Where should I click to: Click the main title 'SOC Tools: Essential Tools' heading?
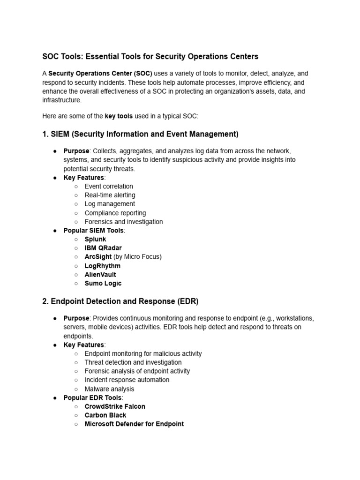pyautogui.click(x=150, y=56)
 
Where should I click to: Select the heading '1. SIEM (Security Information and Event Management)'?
pyautogui.click(x=140, y=134)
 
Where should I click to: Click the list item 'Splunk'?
pyautogui.click(x=95, y=239)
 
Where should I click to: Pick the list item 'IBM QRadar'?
pyautogui.click(x=103, y=248)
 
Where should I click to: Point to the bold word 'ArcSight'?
pyautogui.click(x=98, y=257)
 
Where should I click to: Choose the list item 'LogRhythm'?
pyautogui.click(x=102, y=266)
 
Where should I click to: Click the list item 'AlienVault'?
pyautogui.click(x=100, y=275)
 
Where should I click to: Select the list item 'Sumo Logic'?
pyautogui.click(x=103, y=284)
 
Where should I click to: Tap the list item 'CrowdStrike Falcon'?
pyautogui.click(x=115, y=406)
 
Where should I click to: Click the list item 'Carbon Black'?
pyautogui.click(x=105, y=415)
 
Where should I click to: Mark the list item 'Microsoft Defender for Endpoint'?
pyautogui.click(x=134, y=424)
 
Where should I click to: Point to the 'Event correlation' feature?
pyautogui.click(x=109, y=186)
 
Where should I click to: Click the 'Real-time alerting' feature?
pyautogui.click(x=110, y=195)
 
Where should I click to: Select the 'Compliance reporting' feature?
pyautogui.click(x=115, y=213)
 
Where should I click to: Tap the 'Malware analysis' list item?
pyautogui.click(x=109, y=389)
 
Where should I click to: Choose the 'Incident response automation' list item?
pyautogui.click(x=127, y=380)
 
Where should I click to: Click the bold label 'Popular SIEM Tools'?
pyautogui.click(x=94, y=231)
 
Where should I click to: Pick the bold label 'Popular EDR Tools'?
pyautogui.click(x=92, y=398)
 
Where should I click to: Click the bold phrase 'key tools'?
pyautogui.click(x=119, y=116)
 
